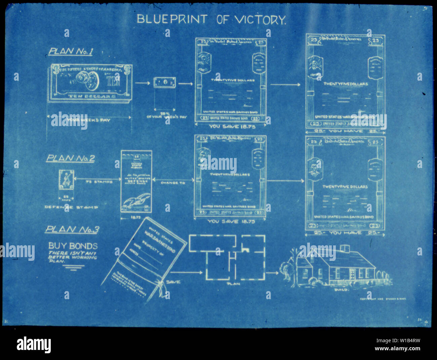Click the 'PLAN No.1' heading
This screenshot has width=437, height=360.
pyautogui.click(x=71, y=51)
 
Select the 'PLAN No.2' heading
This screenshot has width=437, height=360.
pyautogui.click(x=70, y=158)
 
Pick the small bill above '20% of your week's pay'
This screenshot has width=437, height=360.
pyautogui.click(x=165, y=83)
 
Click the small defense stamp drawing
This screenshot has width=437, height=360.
pyautogui.click(x=66, y=181)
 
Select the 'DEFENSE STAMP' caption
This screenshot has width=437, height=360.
pyautogui.click(x=72, y=207)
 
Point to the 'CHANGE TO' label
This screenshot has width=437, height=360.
pyautogui.click(x=173, y=183)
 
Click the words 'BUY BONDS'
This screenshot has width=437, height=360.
pyautogui.click(x=73, y=246)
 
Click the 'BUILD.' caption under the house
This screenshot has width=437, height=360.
pyautogui.click(x=342, y=289)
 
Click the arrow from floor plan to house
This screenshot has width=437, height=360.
pyautogui.click(x=273, y=273)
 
